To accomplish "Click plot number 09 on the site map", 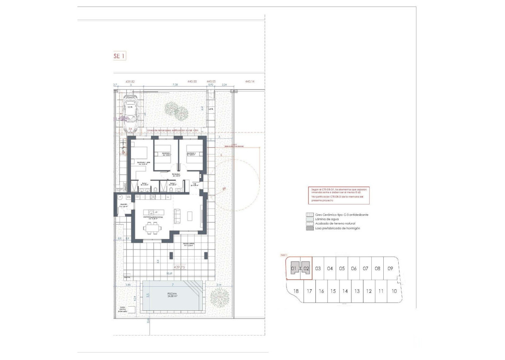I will click(x=390, y=268).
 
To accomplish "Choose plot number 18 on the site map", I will click(x=296, y=291).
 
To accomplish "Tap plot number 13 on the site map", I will click(x=357, y=291).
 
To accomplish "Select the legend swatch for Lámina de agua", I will click(x=309, y=219).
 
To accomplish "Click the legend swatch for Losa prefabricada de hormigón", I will click(x=309, y=228).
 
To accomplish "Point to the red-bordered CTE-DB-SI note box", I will click(x=338, y=195).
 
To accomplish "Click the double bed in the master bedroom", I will click(x=139, y=151).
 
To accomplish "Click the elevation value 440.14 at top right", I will click(x=250, y=82).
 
